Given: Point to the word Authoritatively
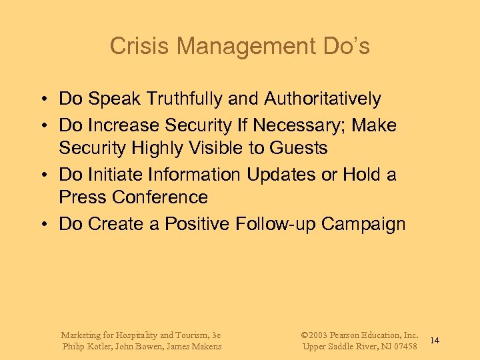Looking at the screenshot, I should [323, 99].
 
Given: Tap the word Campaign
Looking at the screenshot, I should [363, 224].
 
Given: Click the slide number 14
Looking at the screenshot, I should [435, 341].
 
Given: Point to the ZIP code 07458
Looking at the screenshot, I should [404, 347].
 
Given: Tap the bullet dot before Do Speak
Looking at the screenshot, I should [41, 100].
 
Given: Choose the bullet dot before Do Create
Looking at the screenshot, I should [41, 225].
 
